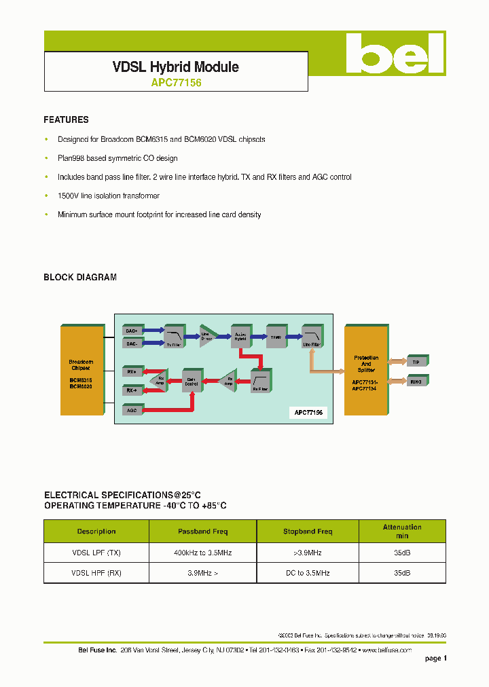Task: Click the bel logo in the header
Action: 394,54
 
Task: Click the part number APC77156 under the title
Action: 175,83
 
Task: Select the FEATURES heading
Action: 66,119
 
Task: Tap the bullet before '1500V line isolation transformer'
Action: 46,196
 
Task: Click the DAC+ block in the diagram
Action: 132,331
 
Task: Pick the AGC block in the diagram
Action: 132,410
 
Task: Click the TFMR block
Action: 276,336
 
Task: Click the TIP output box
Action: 416,362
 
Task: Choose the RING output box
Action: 416,381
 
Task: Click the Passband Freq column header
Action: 203,532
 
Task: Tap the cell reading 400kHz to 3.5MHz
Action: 203,553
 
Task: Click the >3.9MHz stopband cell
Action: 308,553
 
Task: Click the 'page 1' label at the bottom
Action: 435,658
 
